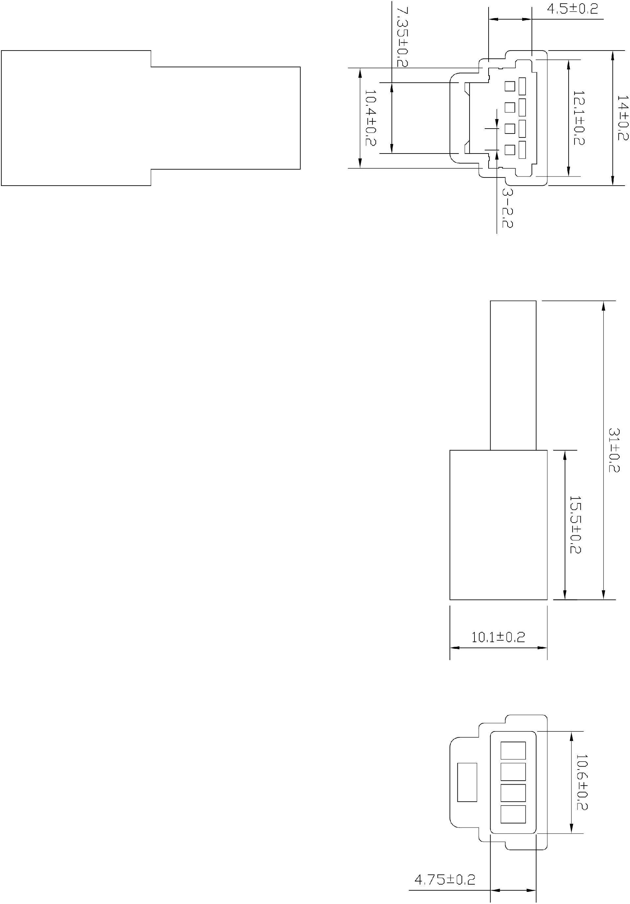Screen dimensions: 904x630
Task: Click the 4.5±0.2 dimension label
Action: pos(572,9)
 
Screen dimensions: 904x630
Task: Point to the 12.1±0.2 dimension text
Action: pos(578,118)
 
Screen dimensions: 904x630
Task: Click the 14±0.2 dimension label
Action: pos(622,118)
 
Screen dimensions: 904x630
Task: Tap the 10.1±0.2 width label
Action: pos(498,637)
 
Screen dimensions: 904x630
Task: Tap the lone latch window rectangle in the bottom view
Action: pos(467,782)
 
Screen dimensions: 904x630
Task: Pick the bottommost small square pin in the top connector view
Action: pos(510,150)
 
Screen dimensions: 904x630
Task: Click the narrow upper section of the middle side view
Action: pos(513,375)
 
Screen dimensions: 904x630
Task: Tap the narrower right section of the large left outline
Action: pos(225,118)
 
